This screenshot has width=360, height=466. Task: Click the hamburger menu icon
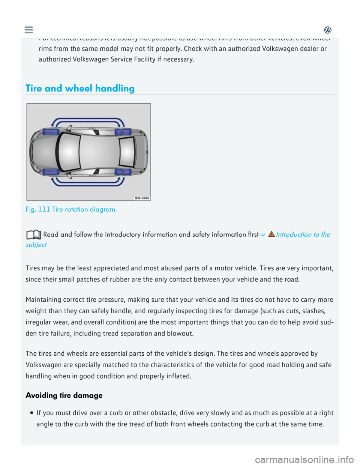tap(28, 30)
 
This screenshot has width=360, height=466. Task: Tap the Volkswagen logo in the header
tap(328, 30)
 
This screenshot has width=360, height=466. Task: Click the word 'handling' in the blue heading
tap(115, 89)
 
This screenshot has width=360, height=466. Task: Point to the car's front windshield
tap(69, 151)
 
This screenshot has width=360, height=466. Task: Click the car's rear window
tap(127, 152)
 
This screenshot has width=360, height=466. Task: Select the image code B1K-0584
tap(142, 198)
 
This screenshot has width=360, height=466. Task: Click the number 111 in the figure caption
tap(44, 209)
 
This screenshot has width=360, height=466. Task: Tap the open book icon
tap(33, 235)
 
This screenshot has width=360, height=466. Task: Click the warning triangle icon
tap(271, 234)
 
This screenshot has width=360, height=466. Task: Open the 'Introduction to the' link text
tap(303, 235)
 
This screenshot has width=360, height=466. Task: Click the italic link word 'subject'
tap(36, 245)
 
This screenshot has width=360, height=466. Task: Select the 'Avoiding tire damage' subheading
tap(64, 395)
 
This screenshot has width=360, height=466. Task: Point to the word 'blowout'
tap(181, 334)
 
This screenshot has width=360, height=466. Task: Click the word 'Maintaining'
tap(43, 299)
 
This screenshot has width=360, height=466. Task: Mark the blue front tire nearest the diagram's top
tap(51, 132)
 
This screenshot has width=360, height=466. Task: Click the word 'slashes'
tap(311, 311)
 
